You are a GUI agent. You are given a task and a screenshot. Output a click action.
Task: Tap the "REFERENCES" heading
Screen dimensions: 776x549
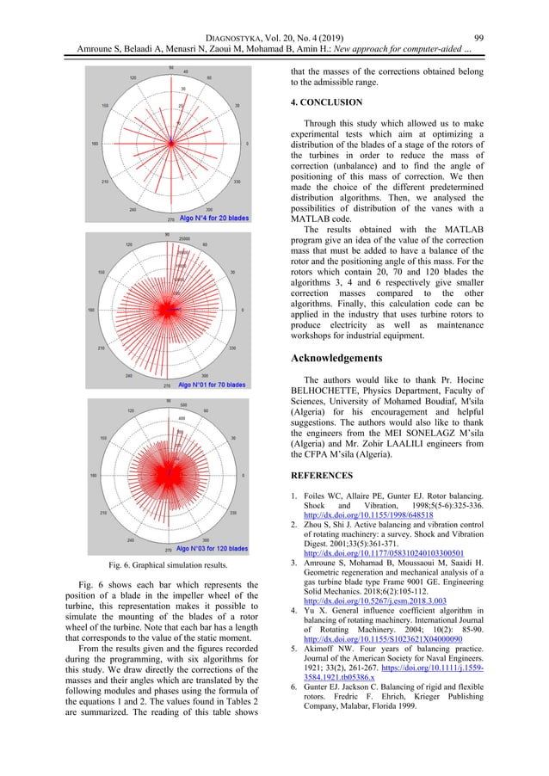(323, 475)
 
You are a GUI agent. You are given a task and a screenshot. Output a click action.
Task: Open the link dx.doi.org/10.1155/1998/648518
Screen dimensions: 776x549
(366, 514)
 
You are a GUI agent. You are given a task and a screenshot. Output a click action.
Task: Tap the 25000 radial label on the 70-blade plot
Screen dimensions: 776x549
(182, 237)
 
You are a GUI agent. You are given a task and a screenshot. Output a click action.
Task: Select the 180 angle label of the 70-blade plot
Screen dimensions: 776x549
(90, 310)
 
